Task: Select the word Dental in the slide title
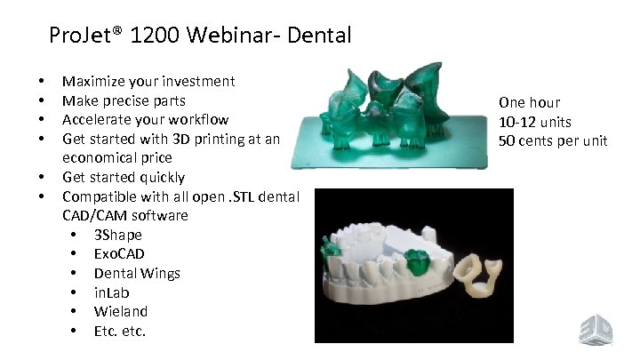tap(321, 36)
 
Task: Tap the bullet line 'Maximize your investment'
tap(148, 81)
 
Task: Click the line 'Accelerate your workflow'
tap(145, 119)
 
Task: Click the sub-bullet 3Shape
tap(117, 235)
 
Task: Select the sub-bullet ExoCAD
tap(119, 254)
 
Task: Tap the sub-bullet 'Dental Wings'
tap(137, 273)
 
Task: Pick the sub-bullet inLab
tap(113, 292)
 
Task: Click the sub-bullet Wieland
tap(121, 311)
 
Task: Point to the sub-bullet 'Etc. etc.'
tap(120, 331)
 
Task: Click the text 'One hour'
tap(529, 103)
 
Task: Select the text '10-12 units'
tap(535, 122)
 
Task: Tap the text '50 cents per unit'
tap(553, 140)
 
